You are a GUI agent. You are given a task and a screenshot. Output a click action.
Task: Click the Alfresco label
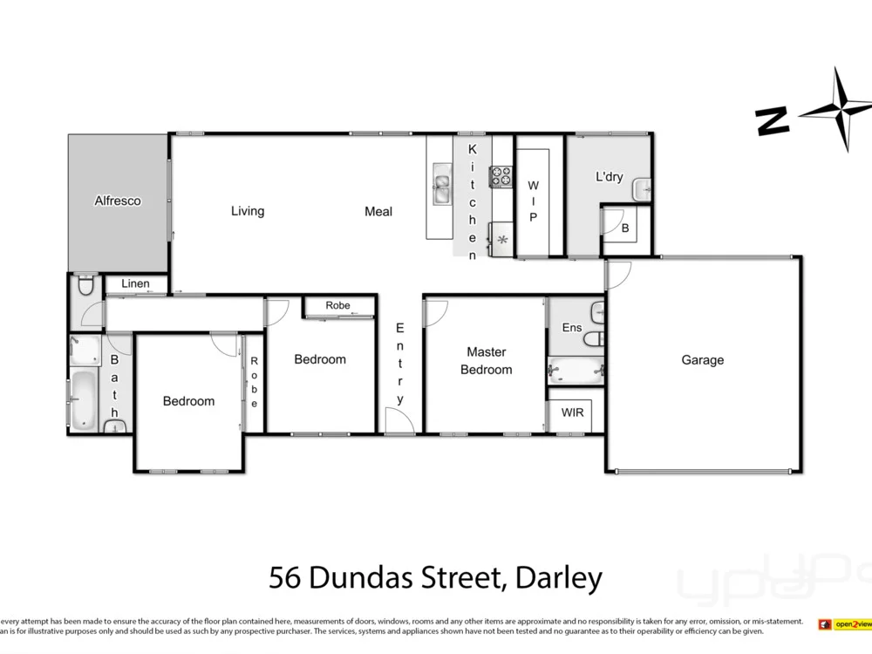click(118, 201)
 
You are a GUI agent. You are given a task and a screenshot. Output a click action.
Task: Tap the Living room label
click(248, 211)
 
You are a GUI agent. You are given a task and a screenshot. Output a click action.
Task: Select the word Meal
click(378, 211)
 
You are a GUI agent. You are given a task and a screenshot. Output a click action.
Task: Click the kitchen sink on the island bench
click(441, 183)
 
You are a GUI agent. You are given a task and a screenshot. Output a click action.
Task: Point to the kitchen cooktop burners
click(501, 176)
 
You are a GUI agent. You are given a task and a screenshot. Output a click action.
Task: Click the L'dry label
click(609, 177)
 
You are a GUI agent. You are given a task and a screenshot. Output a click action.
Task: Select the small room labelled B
click(625, 228)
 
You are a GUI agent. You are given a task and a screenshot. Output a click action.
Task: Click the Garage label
click(702, 360)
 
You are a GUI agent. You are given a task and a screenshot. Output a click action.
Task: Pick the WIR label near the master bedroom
click(572, 412)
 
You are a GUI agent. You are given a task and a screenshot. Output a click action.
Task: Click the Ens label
click(571, 328)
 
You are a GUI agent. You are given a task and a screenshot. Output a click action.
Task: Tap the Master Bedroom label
click(486, 360)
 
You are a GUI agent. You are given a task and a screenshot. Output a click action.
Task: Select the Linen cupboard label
click(135, 283)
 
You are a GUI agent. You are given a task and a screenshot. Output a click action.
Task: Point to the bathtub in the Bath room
click(85, 399)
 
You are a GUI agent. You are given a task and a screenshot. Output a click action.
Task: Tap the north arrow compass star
click(839, 109)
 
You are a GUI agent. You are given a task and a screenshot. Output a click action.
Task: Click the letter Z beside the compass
click(773, 121)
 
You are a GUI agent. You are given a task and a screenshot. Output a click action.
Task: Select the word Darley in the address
click(559, 577)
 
